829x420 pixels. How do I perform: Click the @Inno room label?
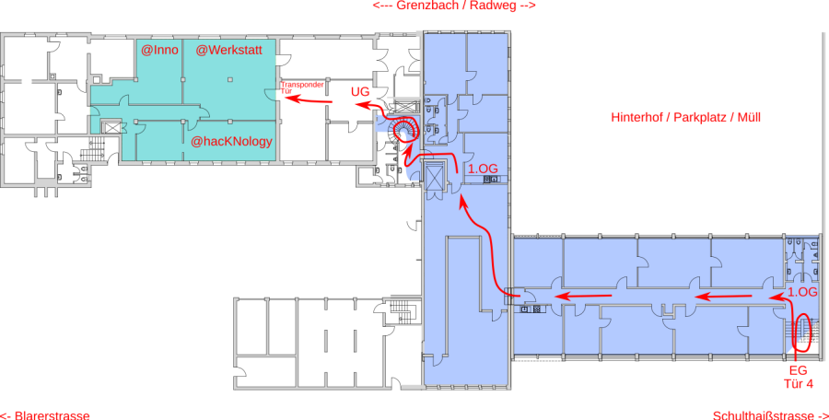[158, 50]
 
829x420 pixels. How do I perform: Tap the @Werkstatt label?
[236, 50]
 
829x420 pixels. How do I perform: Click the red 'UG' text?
[360, 92]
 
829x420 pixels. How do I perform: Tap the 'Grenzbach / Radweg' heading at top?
[454, 6]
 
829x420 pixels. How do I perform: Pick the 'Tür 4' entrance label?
[798, 384]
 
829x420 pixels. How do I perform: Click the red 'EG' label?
[798, 370]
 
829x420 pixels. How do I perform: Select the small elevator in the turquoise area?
[113, 127]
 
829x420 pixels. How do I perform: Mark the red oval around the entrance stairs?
[801, 332]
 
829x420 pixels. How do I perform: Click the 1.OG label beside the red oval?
[802, 292]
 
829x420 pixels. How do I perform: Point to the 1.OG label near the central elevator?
[483, 169]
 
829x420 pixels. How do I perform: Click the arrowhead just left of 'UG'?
[346, 105]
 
